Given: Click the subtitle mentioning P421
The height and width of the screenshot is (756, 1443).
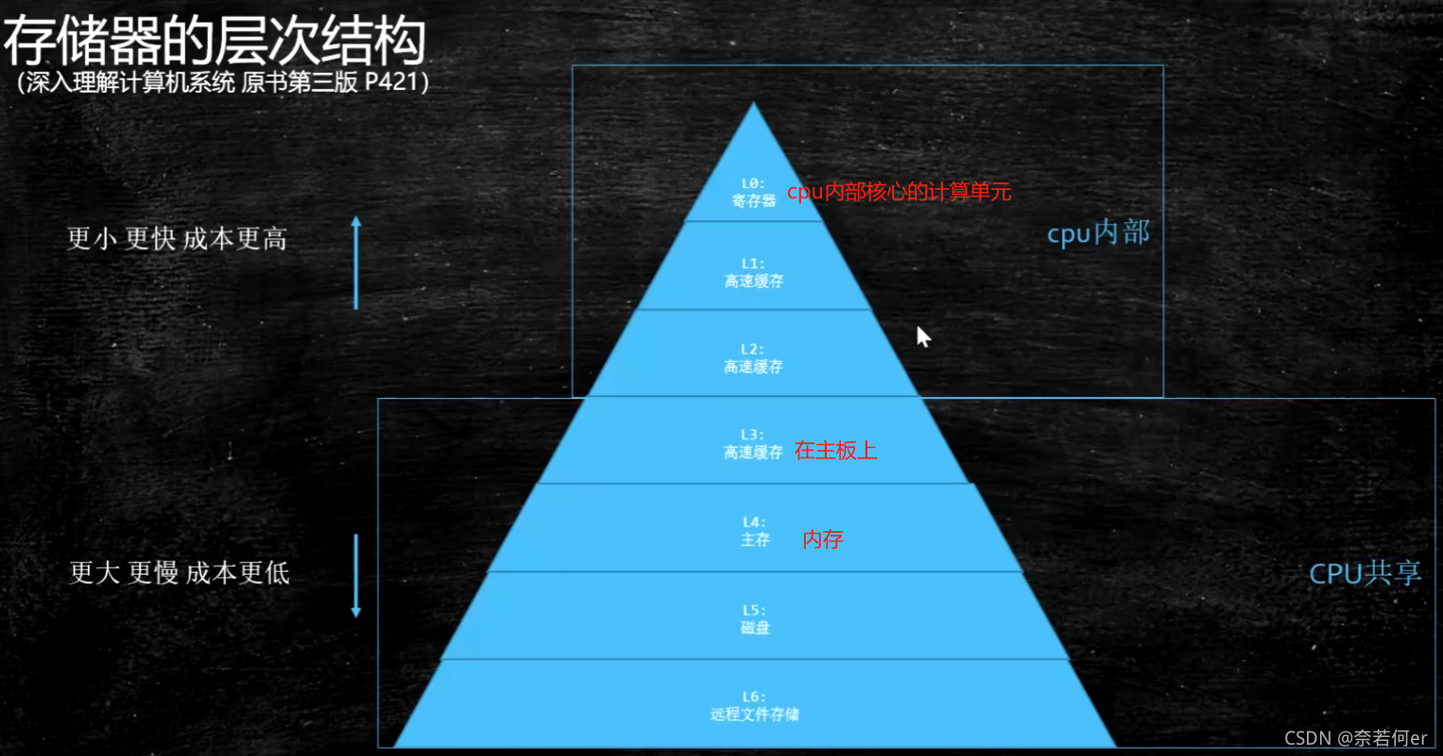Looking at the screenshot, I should [x=223, y=82].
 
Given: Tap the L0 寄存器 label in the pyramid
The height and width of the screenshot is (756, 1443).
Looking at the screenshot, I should [x=753, y=192].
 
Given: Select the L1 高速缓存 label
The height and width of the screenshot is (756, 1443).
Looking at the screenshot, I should [x=753, y=272].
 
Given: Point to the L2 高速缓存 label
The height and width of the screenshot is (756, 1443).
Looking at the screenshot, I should [x=753, y=358].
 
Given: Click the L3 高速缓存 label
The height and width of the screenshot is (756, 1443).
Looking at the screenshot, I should [x=753, y=444].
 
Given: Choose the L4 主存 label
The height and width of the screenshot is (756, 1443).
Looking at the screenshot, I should [x=754, y=531].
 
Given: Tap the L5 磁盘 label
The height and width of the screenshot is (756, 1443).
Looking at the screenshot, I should [x=754, y=619].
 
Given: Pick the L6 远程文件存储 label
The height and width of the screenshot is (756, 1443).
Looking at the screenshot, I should [x=754, y=706].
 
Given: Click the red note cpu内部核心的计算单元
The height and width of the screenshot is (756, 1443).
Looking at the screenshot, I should [x=899, y=192].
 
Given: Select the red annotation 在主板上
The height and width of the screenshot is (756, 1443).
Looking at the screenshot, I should [x=835, y=451].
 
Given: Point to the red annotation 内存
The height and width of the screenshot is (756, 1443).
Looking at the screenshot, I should [x=822, y=540].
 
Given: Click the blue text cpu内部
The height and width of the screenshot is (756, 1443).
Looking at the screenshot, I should [x=1098, y=232].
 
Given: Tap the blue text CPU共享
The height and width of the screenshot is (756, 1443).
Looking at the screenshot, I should [x=1365, y=573].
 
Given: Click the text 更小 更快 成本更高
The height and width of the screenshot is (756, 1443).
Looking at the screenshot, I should [x=177, y=239].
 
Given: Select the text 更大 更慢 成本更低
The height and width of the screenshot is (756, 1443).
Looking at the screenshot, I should [x=180, y=573].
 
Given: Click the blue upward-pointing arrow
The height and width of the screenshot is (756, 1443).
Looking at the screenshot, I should [x=356, y=262].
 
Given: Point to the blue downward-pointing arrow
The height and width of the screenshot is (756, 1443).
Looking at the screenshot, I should [x=356, y=576].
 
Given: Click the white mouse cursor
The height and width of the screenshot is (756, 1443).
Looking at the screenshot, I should [x=923, y=336].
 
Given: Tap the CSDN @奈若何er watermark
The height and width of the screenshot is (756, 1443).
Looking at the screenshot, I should [x=1355, y=738].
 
